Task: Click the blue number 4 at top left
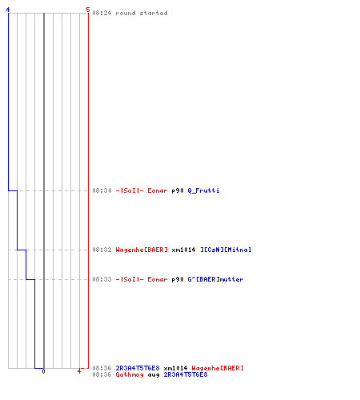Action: tap(8, 10)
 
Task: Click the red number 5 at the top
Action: tap(88, 10)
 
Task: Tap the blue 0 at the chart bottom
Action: tap(43, 371)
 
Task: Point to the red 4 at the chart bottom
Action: tap(79, 371)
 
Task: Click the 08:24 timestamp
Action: tap(102, 13)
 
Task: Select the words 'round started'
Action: tap(142, 13)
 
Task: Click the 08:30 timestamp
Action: tap(102, 190)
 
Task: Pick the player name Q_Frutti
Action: tap(203, 190)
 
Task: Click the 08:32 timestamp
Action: tap(102, 250)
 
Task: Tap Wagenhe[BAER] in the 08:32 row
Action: tap(142, 250)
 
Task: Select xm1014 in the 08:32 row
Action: tap(183, 250)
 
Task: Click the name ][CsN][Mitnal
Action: tap(226, 250)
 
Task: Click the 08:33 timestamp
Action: tap(102, 279)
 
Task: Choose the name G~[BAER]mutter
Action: tap(215, 279)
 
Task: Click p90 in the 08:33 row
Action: tap(178, 279)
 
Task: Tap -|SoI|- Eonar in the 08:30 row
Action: tap(142, 190)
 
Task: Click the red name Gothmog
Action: tap(130, 375)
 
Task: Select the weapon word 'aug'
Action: tap(154, 375)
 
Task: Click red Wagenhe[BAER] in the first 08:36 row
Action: tap(218, 368)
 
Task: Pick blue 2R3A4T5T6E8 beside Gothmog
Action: tap(186, 374)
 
